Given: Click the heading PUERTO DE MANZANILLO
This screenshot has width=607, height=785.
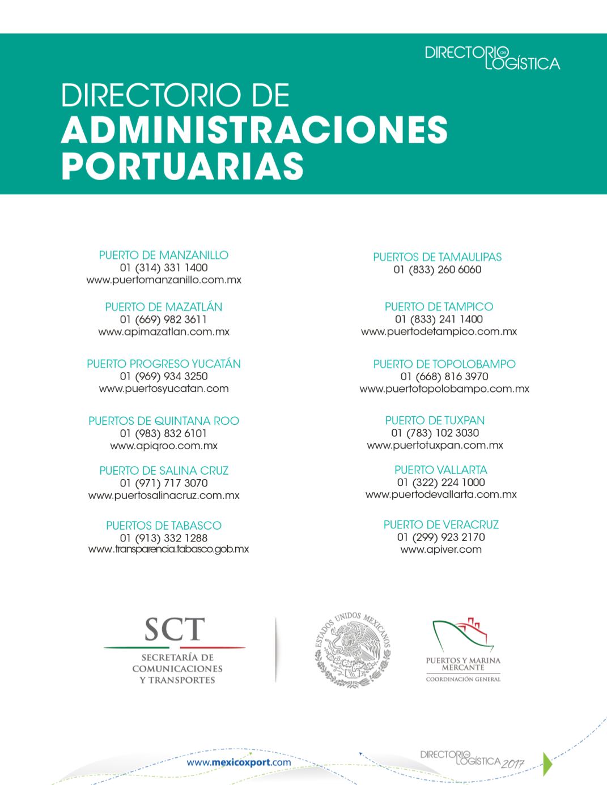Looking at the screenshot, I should tap(163, 255).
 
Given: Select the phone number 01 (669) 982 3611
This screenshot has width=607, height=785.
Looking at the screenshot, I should tap(163, 319).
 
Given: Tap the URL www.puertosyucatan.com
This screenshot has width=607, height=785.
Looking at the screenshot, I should tap(163, 389).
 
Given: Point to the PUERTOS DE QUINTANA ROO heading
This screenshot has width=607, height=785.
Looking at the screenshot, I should tap(163, 421).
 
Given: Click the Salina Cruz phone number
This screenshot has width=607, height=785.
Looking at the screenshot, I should tap(163, 483).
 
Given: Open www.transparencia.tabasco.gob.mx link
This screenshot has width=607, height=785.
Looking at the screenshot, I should tap(168, 549).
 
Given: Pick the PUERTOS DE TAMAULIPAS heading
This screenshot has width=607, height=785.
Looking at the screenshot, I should tap(437, 257).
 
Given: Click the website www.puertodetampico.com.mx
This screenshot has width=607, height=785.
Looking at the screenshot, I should tap(439, 332).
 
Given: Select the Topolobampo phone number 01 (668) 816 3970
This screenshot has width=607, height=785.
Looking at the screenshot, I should tap(444, 377).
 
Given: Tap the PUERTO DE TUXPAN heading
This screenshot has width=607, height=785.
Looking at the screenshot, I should tap(435, 420).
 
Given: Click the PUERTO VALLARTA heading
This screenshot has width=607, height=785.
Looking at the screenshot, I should tap(440, 470).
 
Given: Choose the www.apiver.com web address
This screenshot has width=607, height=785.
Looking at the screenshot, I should tap(440, 549).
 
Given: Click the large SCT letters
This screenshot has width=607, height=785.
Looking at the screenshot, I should tap(174, 628).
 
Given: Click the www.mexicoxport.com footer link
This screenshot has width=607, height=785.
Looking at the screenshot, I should tap(239, 762).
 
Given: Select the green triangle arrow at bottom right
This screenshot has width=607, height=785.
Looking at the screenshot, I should tap(547, 762).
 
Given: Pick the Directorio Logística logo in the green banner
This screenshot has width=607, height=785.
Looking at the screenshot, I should tap(492, 58).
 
